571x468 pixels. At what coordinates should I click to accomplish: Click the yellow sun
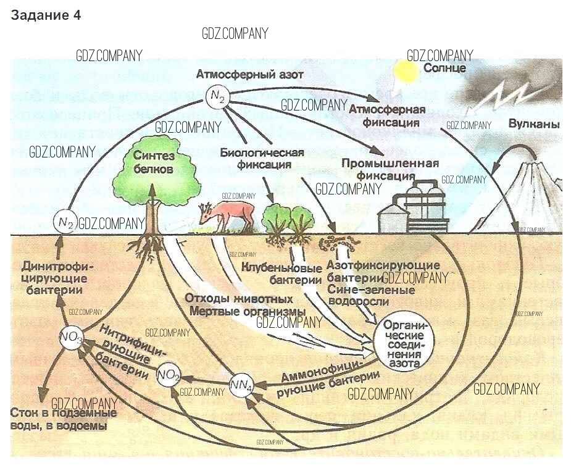(x=407, y=72)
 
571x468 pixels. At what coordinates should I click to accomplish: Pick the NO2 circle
(x=169, y=374)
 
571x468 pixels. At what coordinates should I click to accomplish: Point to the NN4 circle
(x=241, y=386)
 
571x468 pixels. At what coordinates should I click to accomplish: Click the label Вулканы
(x=533, y=125)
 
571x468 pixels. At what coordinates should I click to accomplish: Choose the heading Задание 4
(x=46, y=16)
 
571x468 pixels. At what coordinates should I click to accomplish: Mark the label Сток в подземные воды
(x=59, y=419)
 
